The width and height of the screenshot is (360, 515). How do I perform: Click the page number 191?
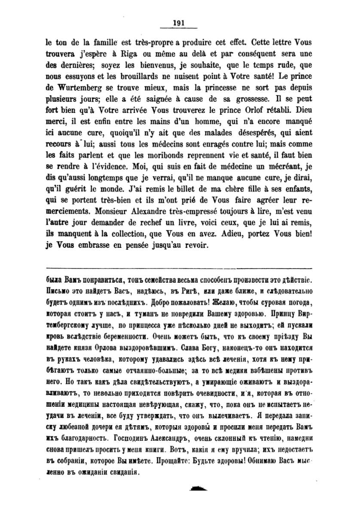pos(178,24)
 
